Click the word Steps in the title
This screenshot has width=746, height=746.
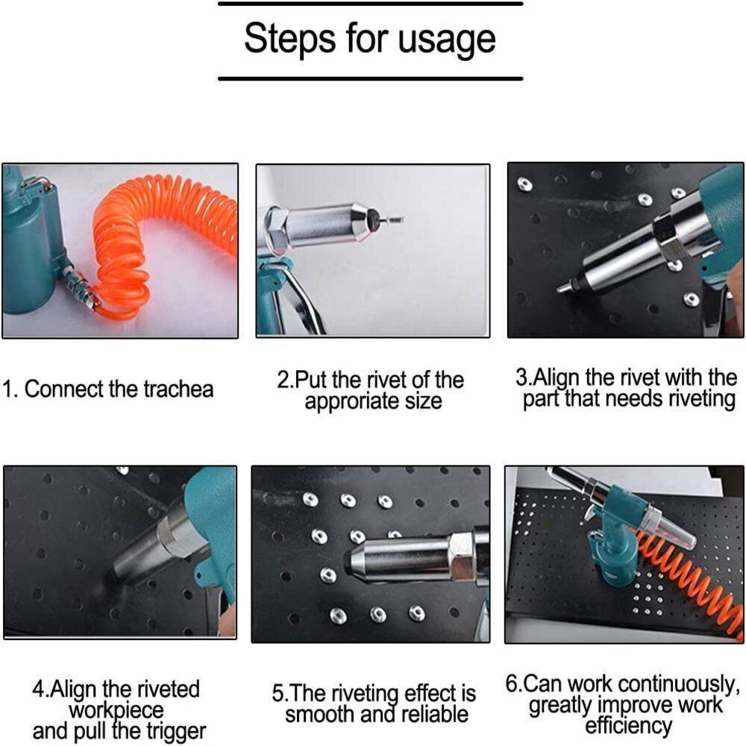pos(290,37)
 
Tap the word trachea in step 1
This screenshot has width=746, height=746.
pos(178,389)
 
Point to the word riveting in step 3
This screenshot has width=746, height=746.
pos(702,399)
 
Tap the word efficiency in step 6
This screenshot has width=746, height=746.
pos(628,726)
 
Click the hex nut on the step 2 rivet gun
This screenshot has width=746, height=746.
pos(275,228)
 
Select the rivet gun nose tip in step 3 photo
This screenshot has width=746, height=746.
pos(563,287)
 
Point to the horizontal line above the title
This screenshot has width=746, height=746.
pos(371,4)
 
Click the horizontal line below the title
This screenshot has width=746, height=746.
pos(371,78)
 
